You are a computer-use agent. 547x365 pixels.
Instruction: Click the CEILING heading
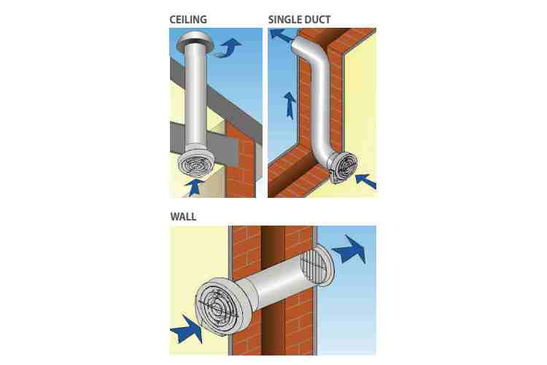click(188, 20)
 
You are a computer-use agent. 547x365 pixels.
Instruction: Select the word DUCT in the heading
click(317, 20)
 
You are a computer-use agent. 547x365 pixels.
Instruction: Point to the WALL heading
click(183, 217)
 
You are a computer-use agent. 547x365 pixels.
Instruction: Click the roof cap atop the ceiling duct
click(194, 41)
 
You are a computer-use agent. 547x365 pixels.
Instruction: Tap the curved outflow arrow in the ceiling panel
click(227, 48)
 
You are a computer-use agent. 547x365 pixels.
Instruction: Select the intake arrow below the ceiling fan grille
click(194, 187)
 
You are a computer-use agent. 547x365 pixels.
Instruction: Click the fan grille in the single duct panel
click(344, 169)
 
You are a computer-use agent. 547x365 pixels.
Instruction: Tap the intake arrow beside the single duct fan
click(365, 181)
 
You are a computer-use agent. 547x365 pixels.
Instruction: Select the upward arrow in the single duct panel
click(290, 105)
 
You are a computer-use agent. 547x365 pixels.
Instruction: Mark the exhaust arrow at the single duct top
click(282, 36)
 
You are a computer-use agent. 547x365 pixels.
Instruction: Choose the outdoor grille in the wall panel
click(318, 266)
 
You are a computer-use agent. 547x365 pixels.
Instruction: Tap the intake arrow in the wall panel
click(187, 329)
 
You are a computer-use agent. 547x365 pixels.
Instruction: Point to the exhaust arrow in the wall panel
click(349, 250)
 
